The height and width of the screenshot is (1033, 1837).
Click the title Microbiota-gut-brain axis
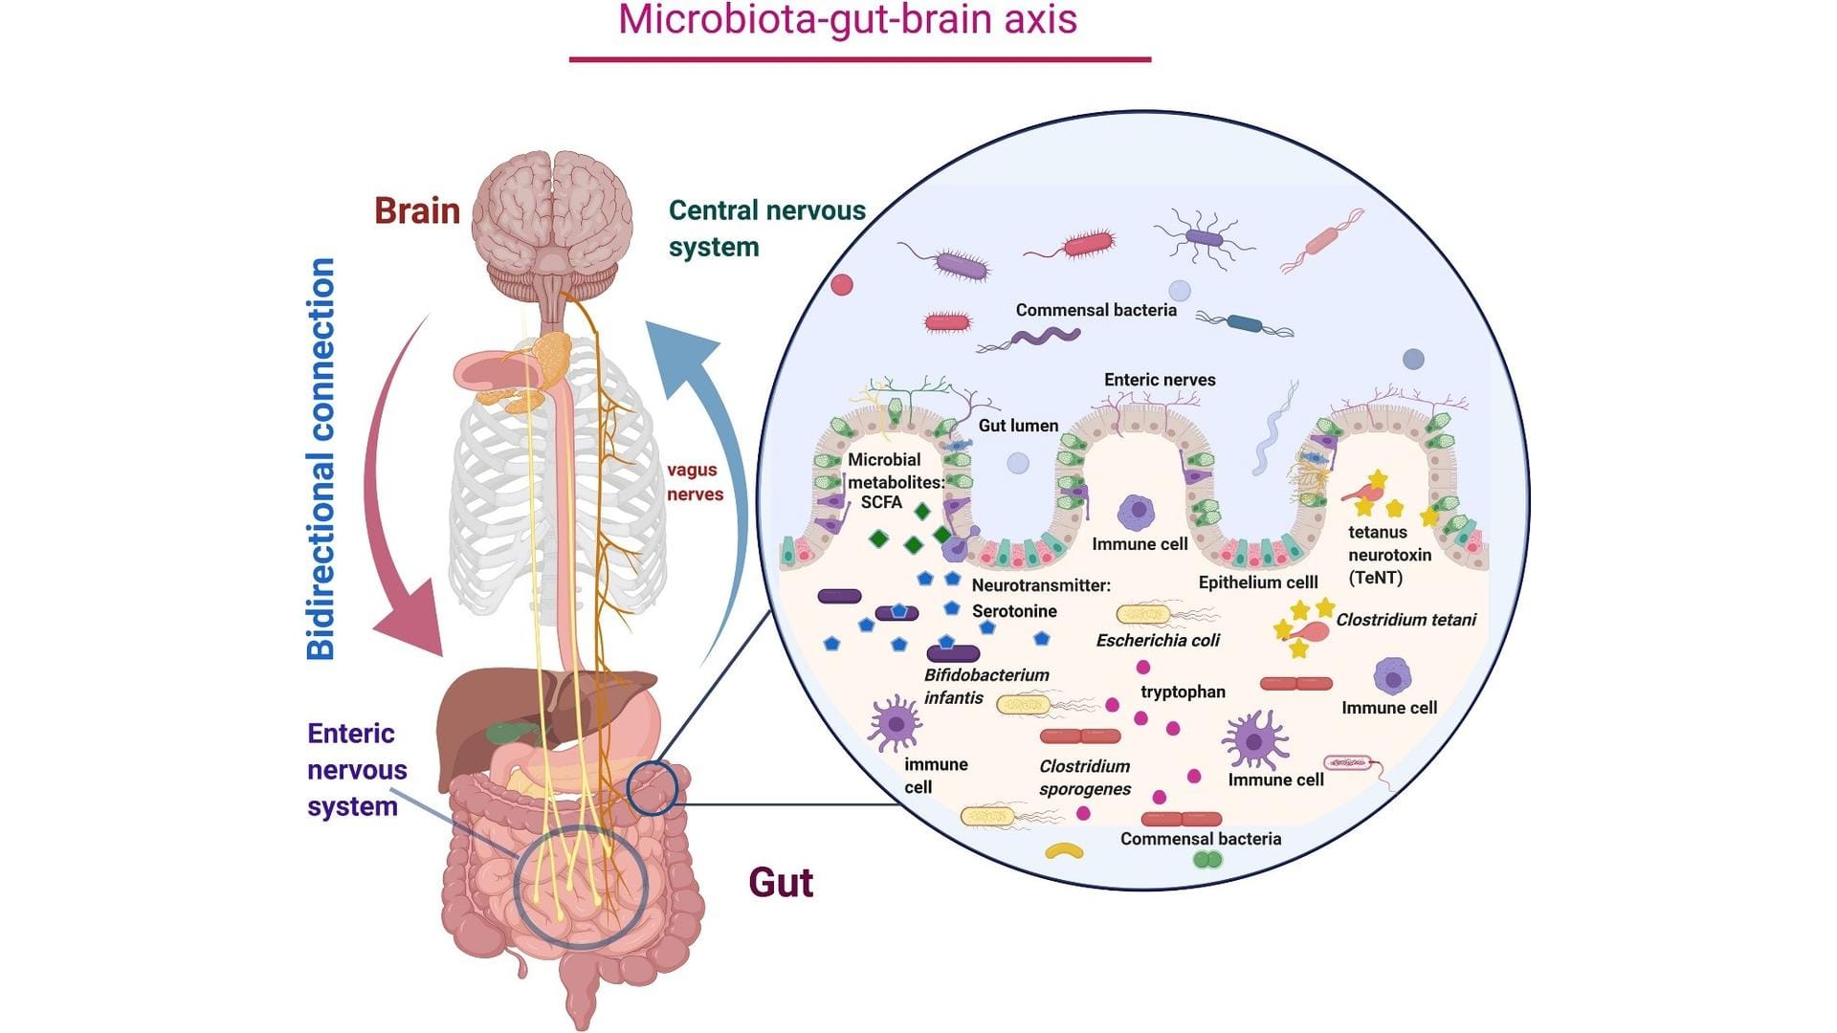[x=848, y=21]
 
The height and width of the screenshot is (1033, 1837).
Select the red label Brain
[x=417, y=210]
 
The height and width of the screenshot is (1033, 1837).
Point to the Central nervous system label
[x=765, y=228]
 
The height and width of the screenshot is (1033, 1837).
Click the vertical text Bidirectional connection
[x=321, y=459]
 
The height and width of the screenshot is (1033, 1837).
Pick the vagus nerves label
[x=695, y=481]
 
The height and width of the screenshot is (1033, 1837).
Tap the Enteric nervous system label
[x=356, y=769]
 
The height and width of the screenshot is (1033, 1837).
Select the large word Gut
[x=781, y=882]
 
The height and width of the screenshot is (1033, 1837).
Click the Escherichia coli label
[x=1158, y=640]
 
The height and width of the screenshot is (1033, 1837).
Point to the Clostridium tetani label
[x=1405, y=620]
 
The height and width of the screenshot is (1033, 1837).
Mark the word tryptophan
[x=1183, y=692]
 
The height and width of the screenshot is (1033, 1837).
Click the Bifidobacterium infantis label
[x=985, y=686]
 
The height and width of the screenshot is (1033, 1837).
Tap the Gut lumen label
[x=1018, y=426]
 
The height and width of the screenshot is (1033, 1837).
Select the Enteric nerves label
[x=1160, y=380]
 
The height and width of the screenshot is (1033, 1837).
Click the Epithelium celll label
[x=1258, y=582]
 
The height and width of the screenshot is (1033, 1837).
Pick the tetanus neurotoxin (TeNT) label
[x=1389, y=555]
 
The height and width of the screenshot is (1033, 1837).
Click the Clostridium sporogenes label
[x=1085, y=777]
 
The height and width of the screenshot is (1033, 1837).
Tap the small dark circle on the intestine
[x=653, y=788]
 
